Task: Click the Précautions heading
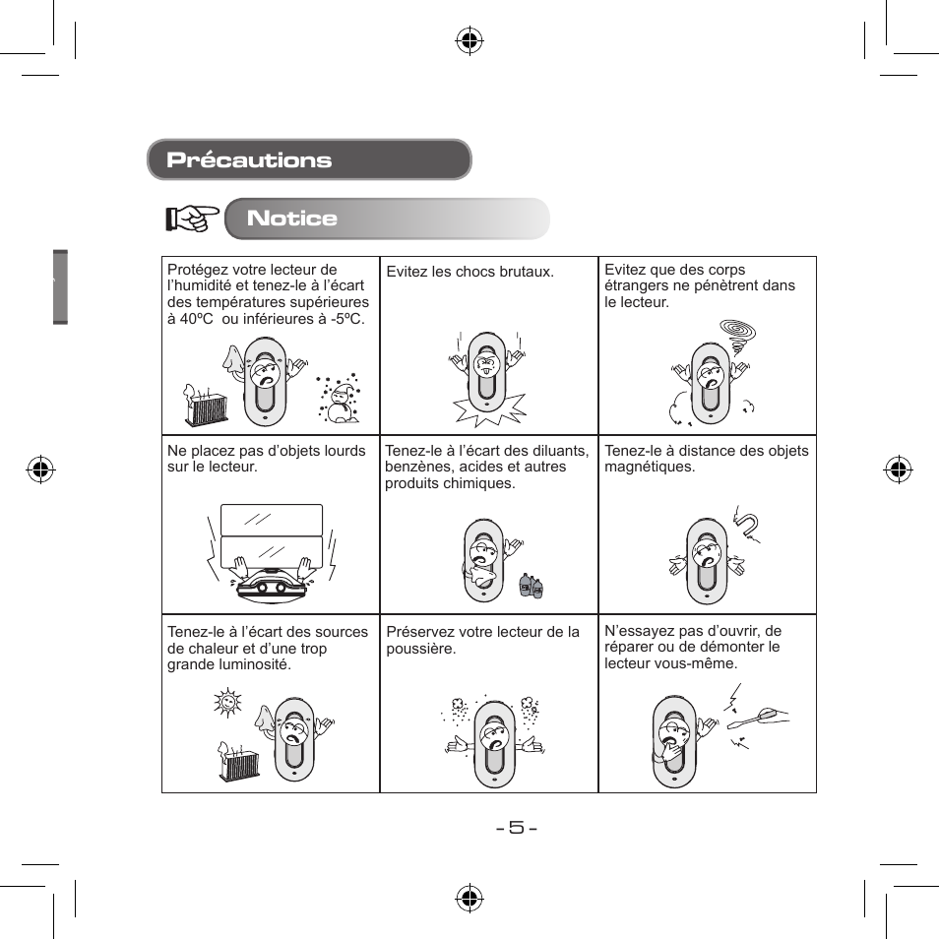pyautogui.click(x=249, y=160)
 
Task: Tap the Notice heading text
pyautogui.click(x=292, y=219)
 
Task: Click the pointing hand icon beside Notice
pyautogui.click(x=192, y=219)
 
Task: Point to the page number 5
pyautogui.click(x=516, y=827)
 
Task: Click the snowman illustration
pyautogui.click(x=341, y=399)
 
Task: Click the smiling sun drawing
pyautogui.click(x=228, y=705)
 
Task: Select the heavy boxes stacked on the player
pyautogui.click(x=272, y=536)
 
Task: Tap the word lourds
pyautogui.click(x=343, y=451)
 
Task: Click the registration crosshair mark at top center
pyautogui.click(x=469, y=40)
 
